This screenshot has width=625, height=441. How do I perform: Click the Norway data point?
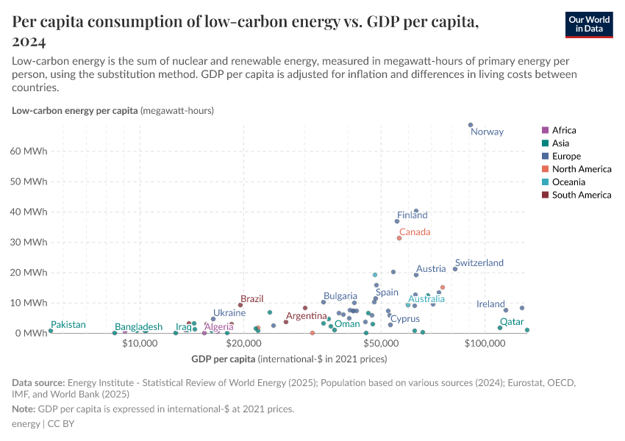pyautogui.click(x=471, y=125)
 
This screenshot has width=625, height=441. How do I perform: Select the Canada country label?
pyautogui.click(x=415, y=232)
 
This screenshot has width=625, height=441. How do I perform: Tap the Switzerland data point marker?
pyautogui.click(x=455, y=269)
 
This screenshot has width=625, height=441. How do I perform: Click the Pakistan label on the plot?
pyautogui.click(x=68, y=324)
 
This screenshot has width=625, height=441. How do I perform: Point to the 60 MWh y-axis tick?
pyautogui.click(x=29, y=151)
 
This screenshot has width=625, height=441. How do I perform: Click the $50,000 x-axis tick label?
pyautogui.click(x=380, y=343)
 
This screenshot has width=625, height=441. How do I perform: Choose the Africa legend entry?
pyautogui.click(x=564, y=130)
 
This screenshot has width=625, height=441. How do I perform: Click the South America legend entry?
pyautogui.click(x=581, y=195)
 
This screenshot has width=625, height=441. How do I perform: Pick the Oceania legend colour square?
pyautogui.click(x=545, y=182)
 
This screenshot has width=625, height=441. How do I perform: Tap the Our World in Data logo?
pyautogui.click(x=588, y=24)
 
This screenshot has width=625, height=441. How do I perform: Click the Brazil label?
pyautogui.click(x=252, y=299)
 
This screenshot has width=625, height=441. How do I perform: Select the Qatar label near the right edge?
pyautogui.click(x=512, y=322)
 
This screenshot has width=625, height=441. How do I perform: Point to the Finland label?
pyautogui.click(x=412, y=215)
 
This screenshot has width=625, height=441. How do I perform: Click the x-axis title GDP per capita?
pyautogui.click(x=224, y=359)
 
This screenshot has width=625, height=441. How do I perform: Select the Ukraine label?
pyautogui.click(x=229, y=312)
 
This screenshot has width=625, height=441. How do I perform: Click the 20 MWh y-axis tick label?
pyautogui.click(x=29, y=273)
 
